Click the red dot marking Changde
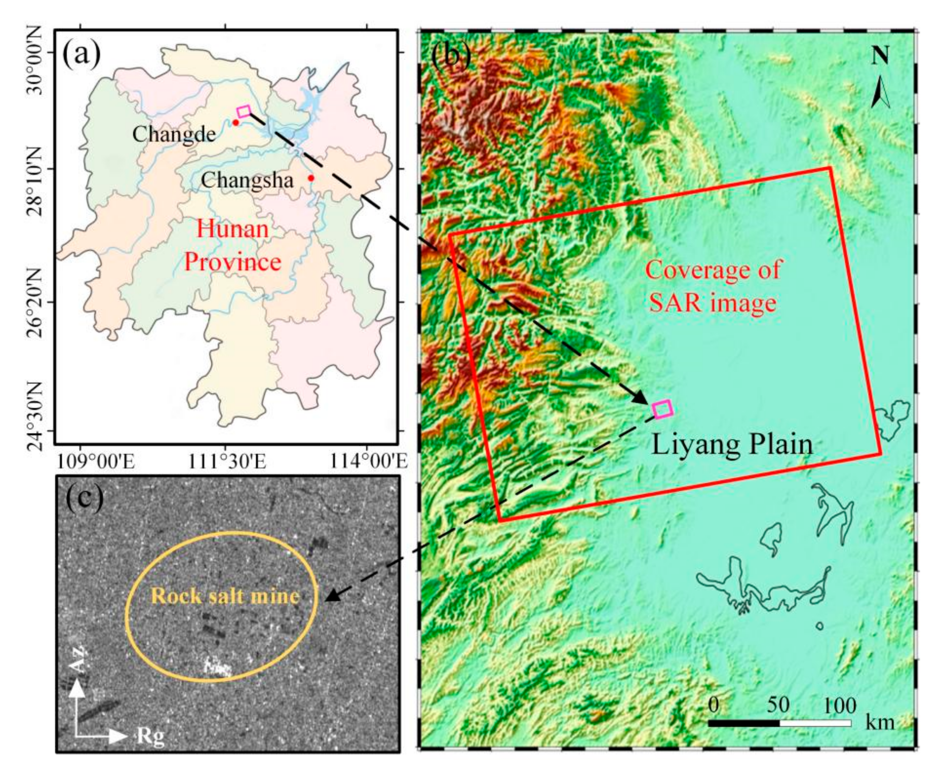(x=236, y=122)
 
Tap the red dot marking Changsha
(x=311, y=178)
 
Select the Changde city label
(x=174, y=134)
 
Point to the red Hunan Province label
(x=233, y=245)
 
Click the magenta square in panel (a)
(x=244, y=111)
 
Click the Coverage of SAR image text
(x=713, y=286)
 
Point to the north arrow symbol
(x=880, y=92)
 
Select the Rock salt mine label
(x=225, y=596)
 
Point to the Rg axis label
(x=150, y=736)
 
